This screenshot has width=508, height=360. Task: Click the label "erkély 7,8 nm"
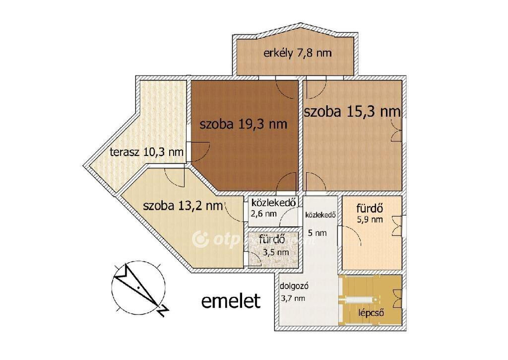pyautogui.click(x=298, y=53)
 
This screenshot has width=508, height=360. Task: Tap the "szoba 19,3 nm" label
pyautogui.click(x=243, y=124)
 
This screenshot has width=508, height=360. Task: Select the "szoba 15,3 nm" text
pyautogui.click(x=353, y=112)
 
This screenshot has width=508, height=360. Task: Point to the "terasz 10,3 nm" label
pyautogui.click(x=147, y=152)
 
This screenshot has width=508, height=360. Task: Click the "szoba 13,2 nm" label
pyautogui.click(x=183, y=206)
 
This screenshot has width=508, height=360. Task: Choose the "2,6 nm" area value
pyautogui.click(x=264, y=214)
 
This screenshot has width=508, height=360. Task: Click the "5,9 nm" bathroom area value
pyautogui.click(x=370, y=219)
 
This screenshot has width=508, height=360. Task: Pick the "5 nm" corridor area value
pyautogui.click(x=317, y=233)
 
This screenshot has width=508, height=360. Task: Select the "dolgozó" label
pyautogui.click(x=294, y=287)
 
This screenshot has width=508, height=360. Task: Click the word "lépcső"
pyautogui.click(x=371, y=313)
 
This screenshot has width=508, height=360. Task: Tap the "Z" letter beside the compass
pyautogui.click(x=163, y=311)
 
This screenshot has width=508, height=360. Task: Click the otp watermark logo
pyautogui.click(x=200, y=240)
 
